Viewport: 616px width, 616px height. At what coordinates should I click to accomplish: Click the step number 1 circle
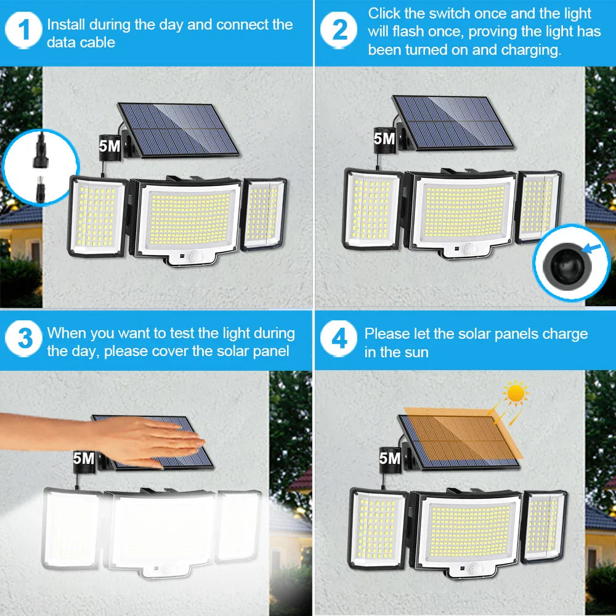click(x=25, y=31)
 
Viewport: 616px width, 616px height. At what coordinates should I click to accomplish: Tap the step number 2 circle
click(x=340, y=31)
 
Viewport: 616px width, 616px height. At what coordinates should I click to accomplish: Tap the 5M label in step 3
click(x=83, y=458)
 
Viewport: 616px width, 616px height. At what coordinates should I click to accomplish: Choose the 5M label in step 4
click(x=389, y=458)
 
